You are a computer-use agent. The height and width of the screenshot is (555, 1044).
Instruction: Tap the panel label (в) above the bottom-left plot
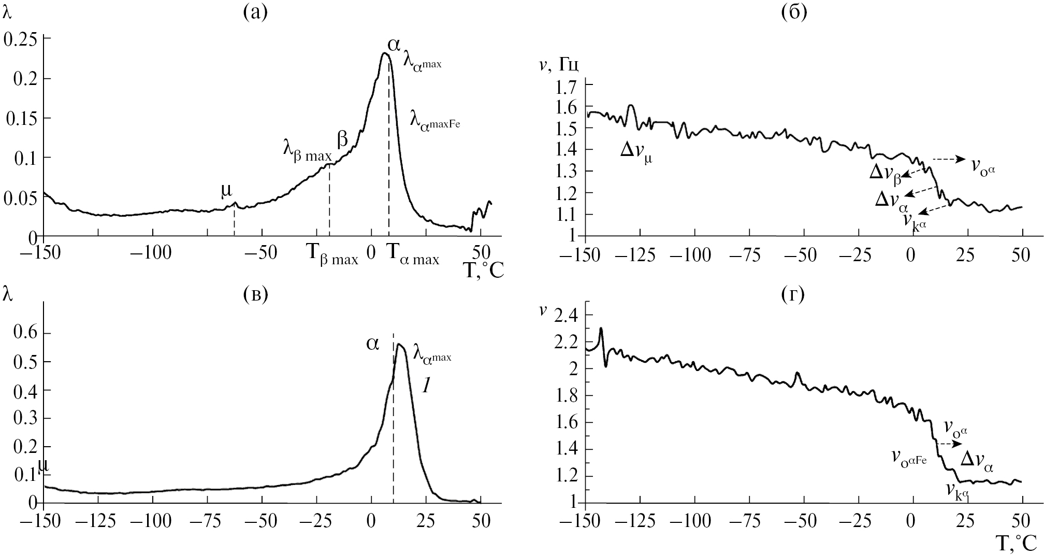coord(255,294)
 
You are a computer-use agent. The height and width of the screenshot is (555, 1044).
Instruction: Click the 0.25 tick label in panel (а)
coord(20,40)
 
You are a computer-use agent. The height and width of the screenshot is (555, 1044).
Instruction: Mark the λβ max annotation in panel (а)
coord(307,149)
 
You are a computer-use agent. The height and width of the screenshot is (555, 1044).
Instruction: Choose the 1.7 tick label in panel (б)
coord(566,86)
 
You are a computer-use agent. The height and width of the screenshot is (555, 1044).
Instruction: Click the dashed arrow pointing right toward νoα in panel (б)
coord(948,160)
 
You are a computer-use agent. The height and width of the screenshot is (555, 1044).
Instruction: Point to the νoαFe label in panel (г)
coord(908,458)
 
